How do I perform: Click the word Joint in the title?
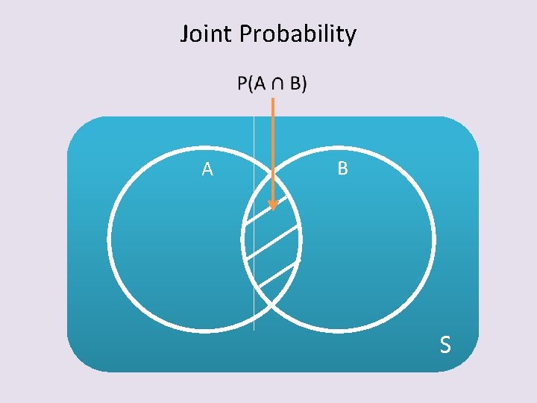(x=206, y=34)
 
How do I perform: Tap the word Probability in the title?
(x=298, y=34)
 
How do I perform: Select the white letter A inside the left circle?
(x=207, y=169)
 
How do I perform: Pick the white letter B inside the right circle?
(x=343, y=168)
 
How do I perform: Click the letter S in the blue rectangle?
(x=445, y=344)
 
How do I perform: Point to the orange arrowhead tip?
(x=273, y=210)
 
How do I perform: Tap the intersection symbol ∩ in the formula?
(x=277, y=84)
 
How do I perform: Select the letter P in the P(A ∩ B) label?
(x=242, y=84)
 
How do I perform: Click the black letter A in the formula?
(x=260, y=84)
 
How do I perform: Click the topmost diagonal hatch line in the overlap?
(x=266, y=210)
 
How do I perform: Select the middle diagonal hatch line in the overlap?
(x=272, y=242)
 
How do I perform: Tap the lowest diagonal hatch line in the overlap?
(x=278, y=274)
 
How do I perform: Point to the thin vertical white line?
(x=254, y=223)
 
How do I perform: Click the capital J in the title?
(x=185, y=34)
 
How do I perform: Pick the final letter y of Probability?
(x=351, y=37)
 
